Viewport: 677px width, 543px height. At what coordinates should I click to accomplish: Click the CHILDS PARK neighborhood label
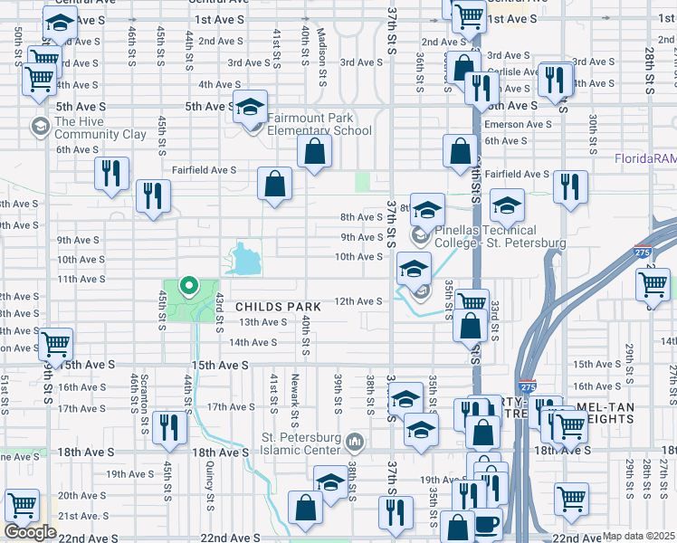pos(279,307)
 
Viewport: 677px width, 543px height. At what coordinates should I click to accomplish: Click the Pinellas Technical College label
pos(500,237)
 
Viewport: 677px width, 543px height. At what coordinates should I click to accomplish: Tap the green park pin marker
pos(189,287)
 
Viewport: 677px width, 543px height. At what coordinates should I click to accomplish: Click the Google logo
pos(30,532)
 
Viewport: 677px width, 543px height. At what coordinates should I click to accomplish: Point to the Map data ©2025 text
pos(639,536)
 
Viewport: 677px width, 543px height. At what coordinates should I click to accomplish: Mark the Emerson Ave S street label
pos(518,124)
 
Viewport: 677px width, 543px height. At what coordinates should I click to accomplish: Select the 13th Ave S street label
pos(262,322)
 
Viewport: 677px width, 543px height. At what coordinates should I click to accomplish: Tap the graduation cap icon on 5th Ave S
pos(250,108)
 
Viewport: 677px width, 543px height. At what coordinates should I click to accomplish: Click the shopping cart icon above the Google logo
pos(22,506)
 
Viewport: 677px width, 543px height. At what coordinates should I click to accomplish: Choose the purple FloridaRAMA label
pos(644,158)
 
